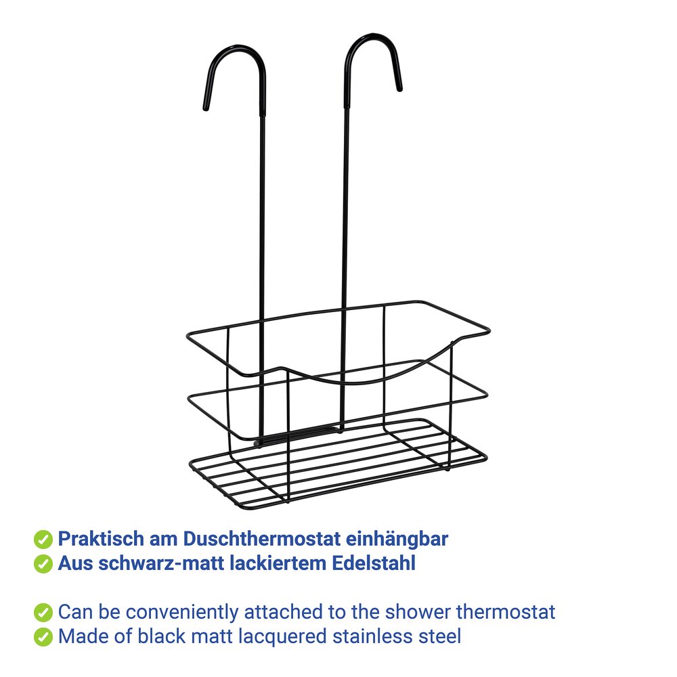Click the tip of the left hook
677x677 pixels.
206,108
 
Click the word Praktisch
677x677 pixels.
101,539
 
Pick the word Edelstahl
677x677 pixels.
374,563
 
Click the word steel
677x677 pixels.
439,636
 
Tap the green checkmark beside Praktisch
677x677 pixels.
43,540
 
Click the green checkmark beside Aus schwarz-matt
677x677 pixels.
43,563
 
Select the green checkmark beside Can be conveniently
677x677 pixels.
43,613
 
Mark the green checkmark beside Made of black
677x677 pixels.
43,637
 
